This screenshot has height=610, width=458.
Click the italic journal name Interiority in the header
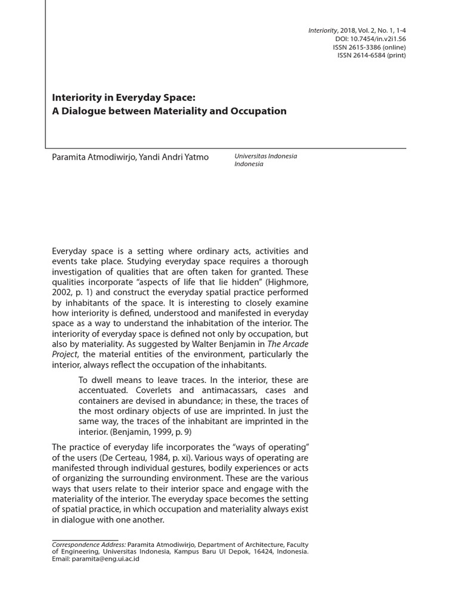(x=323, y=31)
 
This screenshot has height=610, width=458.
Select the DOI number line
(x=370, y=39)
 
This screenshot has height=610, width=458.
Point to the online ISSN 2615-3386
(x=369, y=48)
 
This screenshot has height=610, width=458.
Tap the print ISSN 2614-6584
(x=372, y=56)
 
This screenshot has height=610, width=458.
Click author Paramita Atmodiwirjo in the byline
(x=93, y=157)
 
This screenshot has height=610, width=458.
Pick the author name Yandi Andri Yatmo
(x=174, y=157)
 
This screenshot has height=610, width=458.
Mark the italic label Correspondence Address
(x=89, y=544)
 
